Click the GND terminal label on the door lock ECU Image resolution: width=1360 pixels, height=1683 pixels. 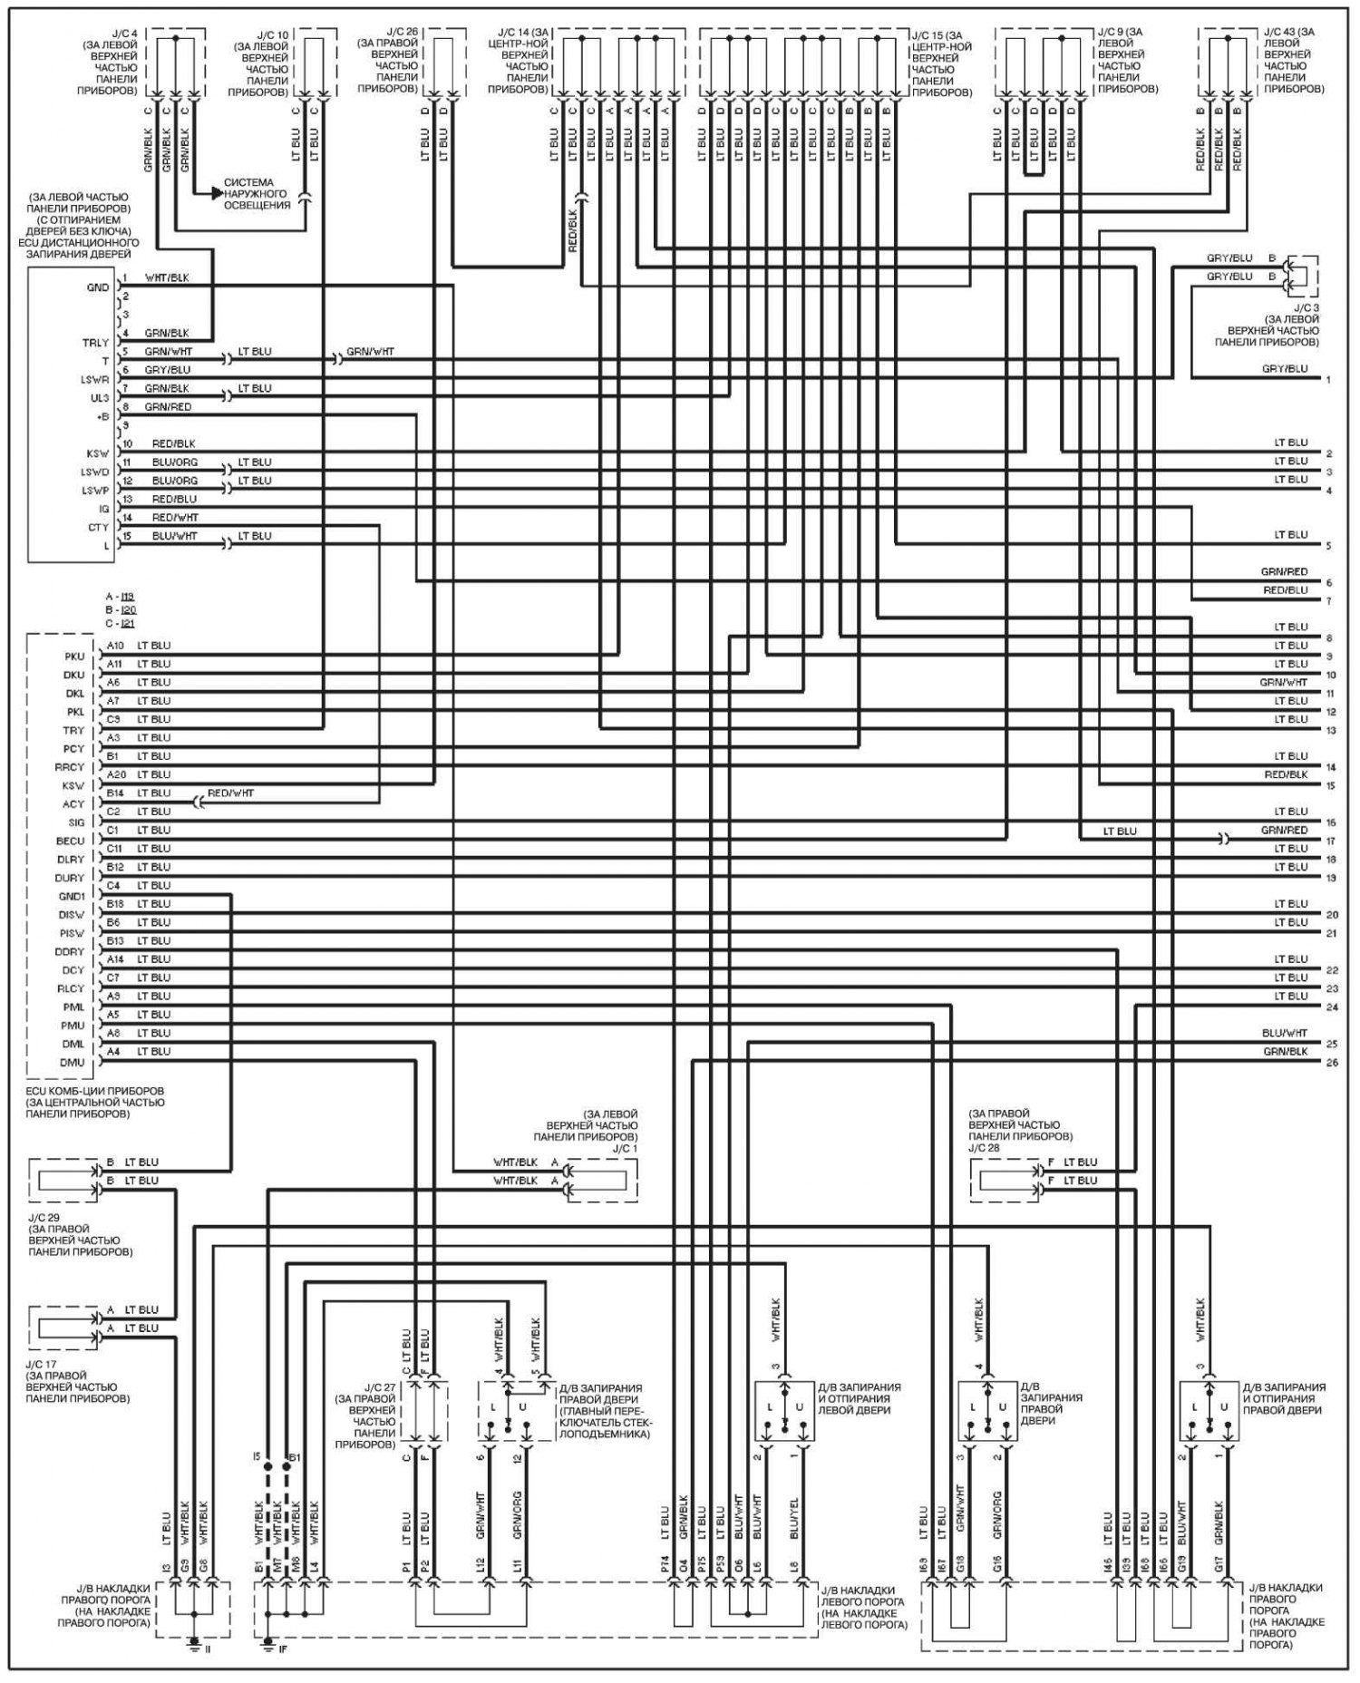pyautogui.click(x=98, y=287)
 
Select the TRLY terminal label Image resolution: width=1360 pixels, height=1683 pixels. pyautogui.click(x=96, y=343)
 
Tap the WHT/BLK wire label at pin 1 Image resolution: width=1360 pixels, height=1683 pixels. pyautogui.click(x=167, y=277)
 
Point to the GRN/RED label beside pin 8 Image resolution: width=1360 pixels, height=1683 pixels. pyautogui.click(x=168, y=407)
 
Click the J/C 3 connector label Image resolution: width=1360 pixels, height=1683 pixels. pyautogui.click(x=1305, y=308)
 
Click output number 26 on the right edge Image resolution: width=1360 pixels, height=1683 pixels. pyautogui.click(x=1331, y=1062)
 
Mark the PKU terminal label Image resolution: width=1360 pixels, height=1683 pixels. pyautogui.click(x=74, y=656)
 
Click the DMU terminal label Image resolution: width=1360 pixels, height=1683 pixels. pyautogui.click(x=73, y=1062)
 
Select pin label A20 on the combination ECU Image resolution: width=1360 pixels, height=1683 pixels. pyautogui.click(x=115, y=774)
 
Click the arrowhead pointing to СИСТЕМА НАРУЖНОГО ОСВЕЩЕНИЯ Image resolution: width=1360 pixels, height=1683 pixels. pyautogui.click(x=217, y=192)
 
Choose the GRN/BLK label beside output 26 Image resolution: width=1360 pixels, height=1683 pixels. pyautogui.click(x=1286, y=1051)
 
